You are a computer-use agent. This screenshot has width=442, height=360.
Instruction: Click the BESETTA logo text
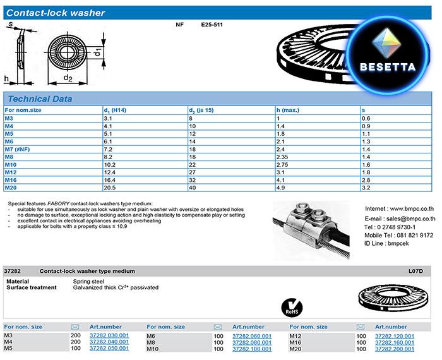click(387, 66)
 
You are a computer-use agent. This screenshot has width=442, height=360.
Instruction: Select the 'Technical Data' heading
click(40, 99)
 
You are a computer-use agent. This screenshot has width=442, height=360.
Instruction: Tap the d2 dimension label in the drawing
click(68, 79)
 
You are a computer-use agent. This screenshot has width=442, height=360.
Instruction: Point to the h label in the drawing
click(6, 78)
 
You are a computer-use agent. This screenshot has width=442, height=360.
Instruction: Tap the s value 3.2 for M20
click(365, 188)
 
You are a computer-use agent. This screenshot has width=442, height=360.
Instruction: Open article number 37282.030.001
click(109, 336)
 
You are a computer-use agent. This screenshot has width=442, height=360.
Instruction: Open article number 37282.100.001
click(252, 349)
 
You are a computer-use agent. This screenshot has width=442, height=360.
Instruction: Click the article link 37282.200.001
click(395, 349)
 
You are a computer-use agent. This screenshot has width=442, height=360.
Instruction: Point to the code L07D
click(415, 271)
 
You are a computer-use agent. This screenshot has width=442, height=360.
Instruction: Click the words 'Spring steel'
click(89, 281)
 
